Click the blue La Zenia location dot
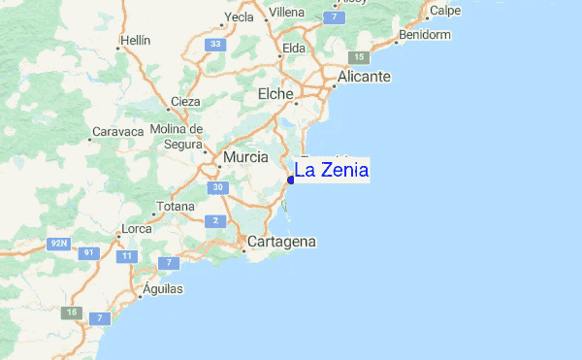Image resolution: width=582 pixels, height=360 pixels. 291,180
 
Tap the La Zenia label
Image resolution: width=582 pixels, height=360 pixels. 331,171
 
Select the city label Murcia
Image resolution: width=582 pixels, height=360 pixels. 245,156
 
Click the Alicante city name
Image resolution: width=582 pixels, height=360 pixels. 364,77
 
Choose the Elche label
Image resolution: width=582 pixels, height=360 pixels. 275,94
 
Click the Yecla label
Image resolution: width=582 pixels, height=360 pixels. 239,17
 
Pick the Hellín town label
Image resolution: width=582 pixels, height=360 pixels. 132,43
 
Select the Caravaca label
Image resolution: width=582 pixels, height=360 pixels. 117,131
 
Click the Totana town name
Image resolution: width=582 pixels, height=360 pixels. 176,207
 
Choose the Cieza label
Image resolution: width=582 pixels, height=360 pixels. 185,101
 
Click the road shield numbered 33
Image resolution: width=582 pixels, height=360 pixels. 215,44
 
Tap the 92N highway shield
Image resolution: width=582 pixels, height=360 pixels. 60,245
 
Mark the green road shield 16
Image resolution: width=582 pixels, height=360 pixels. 71,312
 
